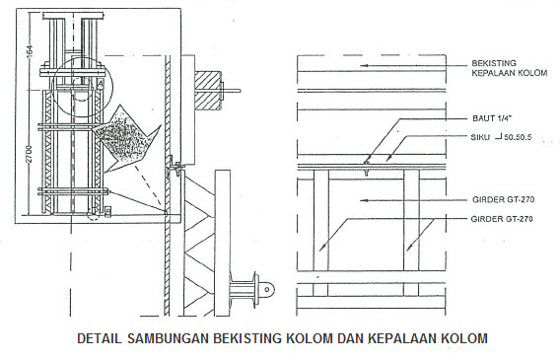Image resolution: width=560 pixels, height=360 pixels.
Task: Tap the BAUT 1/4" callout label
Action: [x=493, y=117]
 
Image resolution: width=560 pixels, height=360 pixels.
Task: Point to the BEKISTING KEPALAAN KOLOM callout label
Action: [x=507, y=68]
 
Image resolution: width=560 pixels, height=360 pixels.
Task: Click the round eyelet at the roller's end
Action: [x=268, y=290]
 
